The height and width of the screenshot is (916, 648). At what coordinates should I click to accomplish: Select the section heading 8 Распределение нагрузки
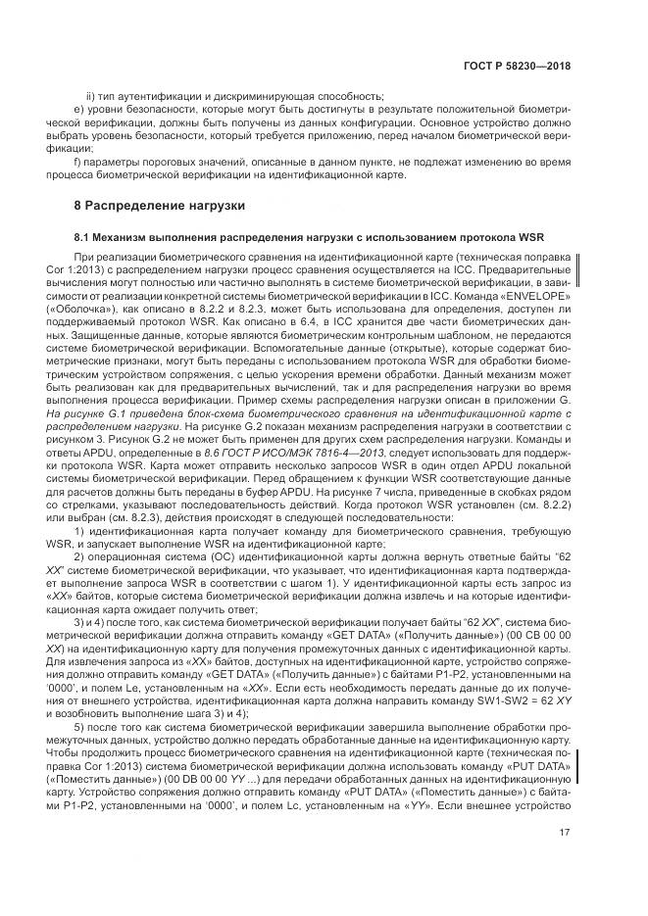click(152, 206)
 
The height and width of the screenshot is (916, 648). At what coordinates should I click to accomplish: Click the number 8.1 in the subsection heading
click(84, 237)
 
